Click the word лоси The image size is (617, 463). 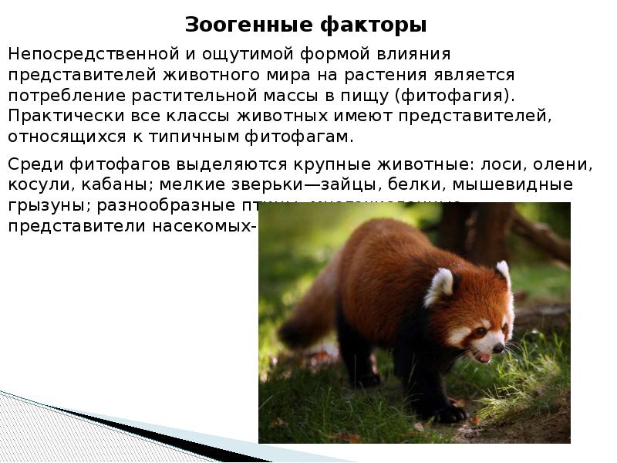pyautogui.click(x=504, y=164)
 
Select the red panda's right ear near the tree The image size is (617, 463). pyautogui.click(x=503, y=272)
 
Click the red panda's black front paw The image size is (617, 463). pyautogui.click(x=450, y=413)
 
